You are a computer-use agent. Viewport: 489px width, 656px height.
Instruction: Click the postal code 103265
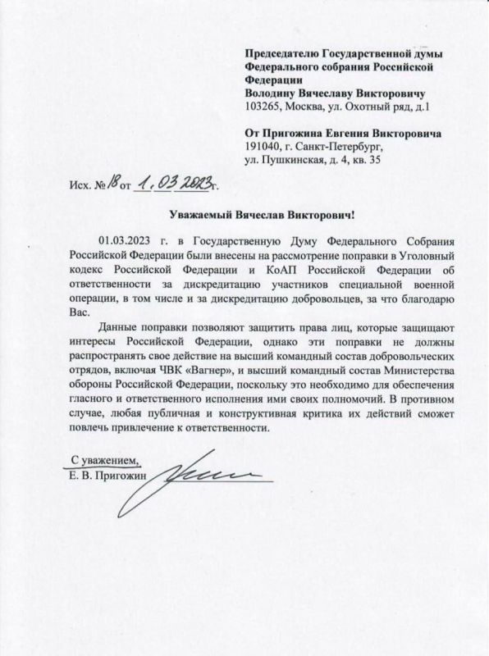pos(264,107)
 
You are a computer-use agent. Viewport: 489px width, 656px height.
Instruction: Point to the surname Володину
pos(272,93)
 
